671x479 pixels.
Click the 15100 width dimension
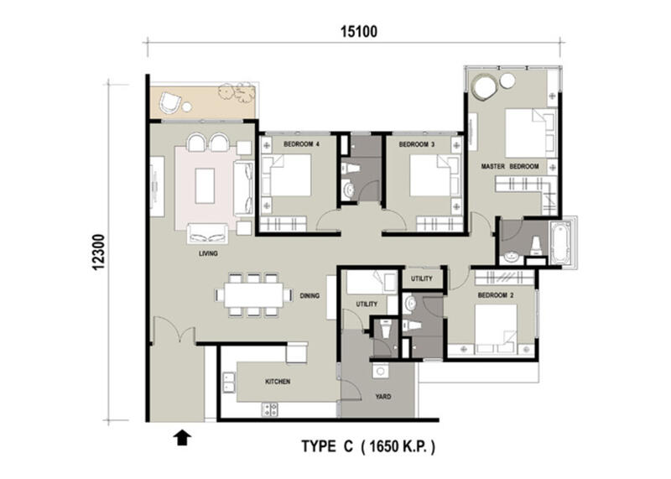click(x=359, y=32)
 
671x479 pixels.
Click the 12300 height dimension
click(x=98, y=253)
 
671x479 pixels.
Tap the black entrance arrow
click(x=182, y=438)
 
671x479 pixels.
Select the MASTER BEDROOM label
click(x=510, y=166)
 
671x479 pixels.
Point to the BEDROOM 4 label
click(x=301, y=144)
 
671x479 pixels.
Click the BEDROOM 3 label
click(x=416, y=144)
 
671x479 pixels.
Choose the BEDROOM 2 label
click(x=496, y=295)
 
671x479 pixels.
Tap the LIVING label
click(x=208, y=253)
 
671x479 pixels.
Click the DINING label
click(x=309, y=295)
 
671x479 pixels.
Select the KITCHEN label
click(x=278, y=382)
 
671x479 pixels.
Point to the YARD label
click(x=383, y=397)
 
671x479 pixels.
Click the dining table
click(x=253, y=295)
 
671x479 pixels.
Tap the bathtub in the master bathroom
click(x=561, y=242)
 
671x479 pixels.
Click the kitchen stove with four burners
click(x=269, y=409)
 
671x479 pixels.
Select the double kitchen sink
click(x=229, y=383)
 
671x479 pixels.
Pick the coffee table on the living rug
click(x=205, y=185)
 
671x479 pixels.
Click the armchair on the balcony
click(x=170, y=103)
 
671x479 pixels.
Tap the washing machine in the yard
click(x=380, y=371)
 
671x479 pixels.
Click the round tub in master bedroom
click(x=485, y=87)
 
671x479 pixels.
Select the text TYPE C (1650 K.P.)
click(x=368, y=446)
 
